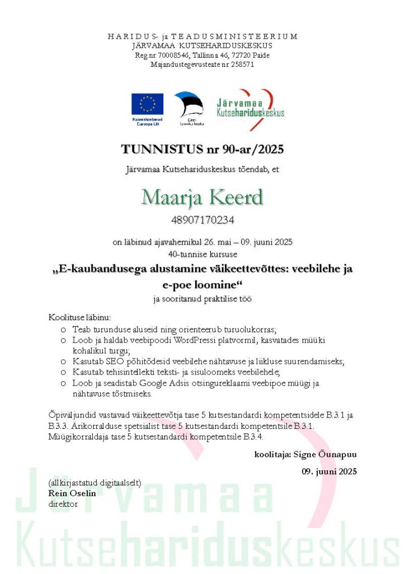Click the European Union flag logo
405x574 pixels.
coord(147,104)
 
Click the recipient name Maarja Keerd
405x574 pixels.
coord(202,197)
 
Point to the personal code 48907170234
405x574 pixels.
coord(202,220)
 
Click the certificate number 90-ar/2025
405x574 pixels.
coord(251,149)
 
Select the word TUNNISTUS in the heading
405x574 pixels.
coord(154,149)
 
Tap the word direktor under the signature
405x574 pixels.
coord(63,503)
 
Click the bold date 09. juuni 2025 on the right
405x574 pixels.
coord(329,471)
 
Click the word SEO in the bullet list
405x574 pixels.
coord(116,361)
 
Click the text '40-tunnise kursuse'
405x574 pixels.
coord(202,253)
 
